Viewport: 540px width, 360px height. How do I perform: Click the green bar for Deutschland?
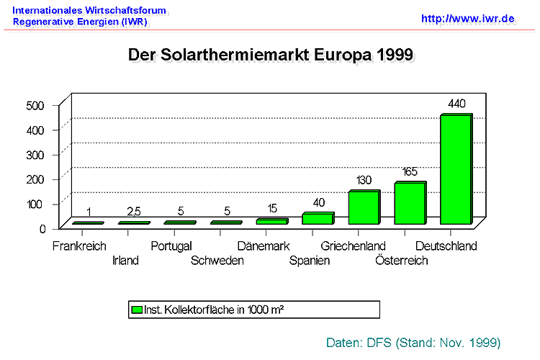pos(455,170)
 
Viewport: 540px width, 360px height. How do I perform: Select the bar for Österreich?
pos(409,204)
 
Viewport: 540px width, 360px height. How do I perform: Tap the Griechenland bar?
pos(363,208)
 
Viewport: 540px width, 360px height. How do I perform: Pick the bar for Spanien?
pos(317,219)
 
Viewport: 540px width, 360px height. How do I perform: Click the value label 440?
pos(456,104)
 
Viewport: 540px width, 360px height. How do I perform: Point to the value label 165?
pos(410,171)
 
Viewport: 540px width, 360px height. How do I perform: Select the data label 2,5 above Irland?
pos(135,212)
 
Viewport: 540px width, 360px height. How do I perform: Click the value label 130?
pos(364,180)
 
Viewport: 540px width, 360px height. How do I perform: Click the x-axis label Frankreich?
pos(78,246)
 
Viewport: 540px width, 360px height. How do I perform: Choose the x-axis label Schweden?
pos(217,260)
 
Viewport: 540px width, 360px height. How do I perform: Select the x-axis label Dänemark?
pos(263,246)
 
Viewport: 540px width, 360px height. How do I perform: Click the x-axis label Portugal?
pos(171,246)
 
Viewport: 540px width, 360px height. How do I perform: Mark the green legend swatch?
pos(136,310)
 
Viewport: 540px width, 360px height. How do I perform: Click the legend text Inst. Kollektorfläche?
pos(195,310)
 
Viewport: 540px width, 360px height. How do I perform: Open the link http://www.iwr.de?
pos(468,18)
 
